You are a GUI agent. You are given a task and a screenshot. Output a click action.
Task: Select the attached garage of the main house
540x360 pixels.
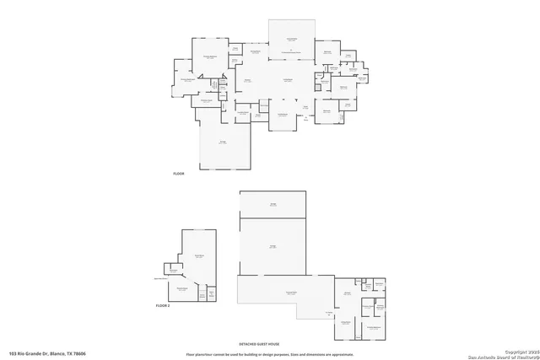(x=224, y=143)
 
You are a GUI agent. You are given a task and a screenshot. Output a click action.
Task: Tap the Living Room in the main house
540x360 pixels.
(x=287, y=81)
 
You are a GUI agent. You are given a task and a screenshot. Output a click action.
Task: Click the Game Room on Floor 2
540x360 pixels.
(x=200, y=255)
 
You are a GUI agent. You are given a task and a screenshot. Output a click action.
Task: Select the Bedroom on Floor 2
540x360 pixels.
(x=181, y=289)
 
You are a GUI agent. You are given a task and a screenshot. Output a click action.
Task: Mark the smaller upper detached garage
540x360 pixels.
(x=273, y=204)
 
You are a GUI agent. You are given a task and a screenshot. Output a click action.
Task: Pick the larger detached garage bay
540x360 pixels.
(x=273, y=246)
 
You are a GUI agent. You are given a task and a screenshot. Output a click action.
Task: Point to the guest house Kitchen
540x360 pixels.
(x=347, y=293)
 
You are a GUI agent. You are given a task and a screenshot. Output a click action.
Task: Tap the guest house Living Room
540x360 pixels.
(x=345, y=323)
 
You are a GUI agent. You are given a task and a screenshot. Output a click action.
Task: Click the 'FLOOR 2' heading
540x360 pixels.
(x=163, y=305)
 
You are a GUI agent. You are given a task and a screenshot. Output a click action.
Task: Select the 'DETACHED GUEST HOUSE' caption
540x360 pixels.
(x=270, y=344)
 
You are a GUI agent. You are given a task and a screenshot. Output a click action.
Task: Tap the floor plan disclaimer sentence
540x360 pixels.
(x=270, y=353)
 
